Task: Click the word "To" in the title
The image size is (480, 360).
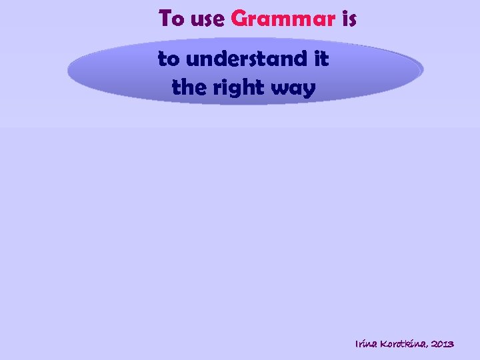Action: [171, 19]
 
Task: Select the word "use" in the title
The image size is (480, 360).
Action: [207, 19]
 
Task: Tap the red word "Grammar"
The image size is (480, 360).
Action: [283, 19]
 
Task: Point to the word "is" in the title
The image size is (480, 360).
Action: [349, 19]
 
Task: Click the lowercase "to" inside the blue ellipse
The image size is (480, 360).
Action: [169, 59]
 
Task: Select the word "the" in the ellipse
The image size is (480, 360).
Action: [187, 87]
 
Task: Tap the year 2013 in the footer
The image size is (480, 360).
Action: [443, 344]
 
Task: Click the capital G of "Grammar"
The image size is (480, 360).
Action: [238, 19]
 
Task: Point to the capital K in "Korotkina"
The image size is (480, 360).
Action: [385, 344]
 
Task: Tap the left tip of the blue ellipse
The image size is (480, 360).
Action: [69, 69]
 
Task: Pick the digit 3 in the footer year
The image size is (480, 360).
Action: [451, 344]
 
